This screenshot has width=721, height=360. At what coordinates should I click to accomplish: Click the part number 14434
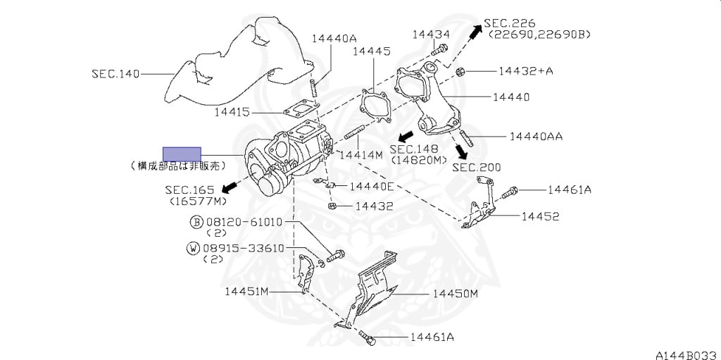coord(431,34)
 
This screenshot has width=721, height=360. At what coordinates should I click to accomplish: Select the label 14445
coord(372,51)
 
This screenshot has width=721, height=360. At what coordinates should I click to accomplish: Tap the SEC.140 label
coord(115,73)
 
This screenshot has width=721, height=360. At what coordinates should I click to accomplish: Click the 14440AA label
coord(537,136)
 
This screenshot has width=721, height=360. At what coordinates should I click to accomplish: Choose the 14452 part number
coord(540,216)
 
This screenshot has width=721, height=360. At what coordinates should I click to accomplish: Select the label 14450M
coord(455,293)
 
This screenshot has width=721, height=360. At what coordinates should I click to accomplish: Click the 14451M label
coord(248,290)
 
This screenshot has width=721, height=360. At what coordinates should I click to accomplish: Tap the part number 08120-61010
coord(244,222)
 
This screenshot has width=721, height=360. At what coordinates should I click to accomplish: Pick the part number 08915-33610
coord(244,248)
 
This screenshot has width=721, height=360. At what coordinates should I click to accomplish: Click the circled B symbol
coord(196,222)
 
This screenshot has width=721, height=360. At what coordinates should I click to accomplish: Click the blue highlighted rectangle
coord(182,154)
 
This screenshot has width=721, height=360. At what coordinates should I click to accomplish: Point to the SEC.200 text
coord(477,167)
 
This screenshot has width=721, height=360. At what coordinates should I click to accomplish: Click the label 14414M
coord(360,154)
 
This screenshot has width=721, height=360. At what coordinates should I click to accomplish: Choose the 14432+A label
coord(525,71)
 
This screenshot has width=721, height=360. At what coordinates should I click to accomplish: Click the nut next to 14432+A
coord(459,71)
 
